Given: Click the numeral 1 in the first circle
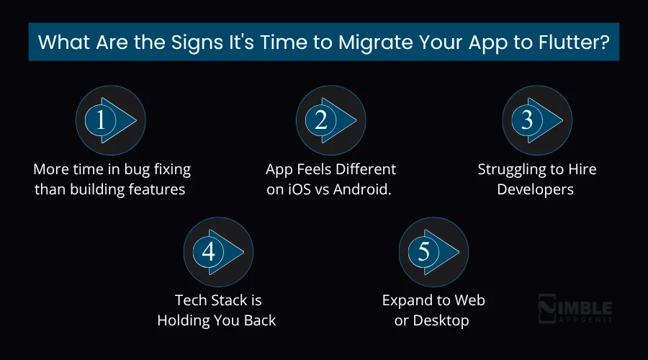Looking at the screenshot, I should tap(100, 120).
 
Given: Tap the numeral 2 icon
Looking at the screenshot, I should tap(321, 120).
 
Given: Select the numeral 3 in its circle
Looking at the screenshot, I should tap(526, 120).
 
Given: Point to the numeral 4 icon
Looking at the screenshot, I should tap(209, 251).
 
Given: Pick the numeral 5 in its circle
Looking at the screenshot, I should tap(423, 251).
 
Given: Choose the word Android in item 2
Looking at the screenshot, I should tap(367, 190).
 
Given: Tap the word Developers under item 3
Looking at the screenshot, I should tap(537, 190).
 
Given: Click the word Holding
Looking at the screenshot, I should tap(184, 320).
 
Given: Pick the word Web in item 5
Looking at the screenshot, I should tap(468, 300).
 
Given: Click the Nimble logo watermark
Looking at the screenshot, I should tap(575, 310).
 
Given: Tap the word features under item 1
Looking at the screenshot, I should tap(158, 190).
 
